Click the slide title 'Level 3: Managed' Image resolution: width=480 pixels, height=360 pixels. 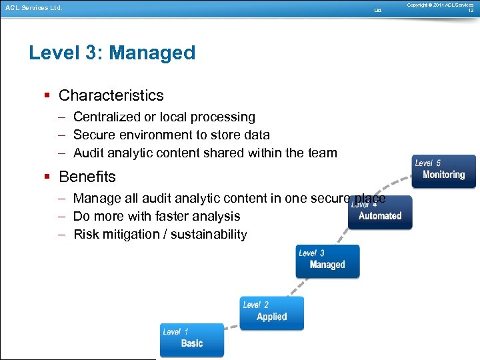point(112,53)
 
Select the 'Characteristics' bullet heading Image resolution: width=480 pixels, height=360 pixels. point(111,95)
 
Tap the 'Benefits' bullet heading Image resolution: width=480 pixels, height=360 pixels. point(87,177)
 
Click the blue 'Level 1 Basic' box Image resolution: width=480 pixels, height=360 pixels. point(192,339)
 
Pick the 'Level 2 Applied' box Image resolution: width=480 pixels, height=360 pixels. point(272,313)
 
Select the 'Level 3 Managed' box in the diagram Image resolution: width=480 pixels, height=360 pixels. point(327,261)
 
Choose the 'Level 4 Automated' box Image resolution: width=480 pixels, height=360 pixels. point(380,213)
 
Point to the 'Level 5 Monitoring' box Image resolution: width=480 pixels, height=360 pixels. point(444,171)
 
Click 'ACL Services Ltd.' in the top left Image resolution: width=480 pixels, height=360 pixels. point(33,9)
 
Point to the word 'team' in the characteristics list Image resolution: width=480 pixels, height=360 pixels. point(321,153)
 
